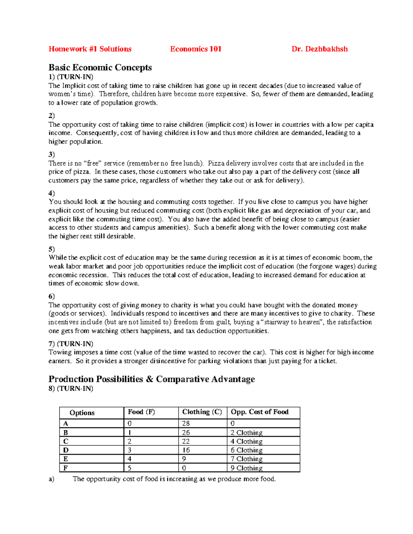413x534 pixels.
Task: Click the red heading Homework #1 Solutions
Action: click(x=90, y=49)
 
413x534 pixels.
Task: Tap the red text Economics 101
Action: click(x=195, y=49)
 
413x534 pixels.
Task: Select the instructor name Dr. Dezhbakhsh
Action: click(x=319, y=49)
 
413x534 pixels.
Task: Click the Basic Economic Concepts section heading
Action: click(x=100, y=67)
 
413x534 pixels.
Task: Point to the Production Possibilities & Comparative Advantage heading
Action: click(x=151, y=379)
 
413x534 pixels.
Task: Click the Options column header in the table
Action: click(x=82, y=413)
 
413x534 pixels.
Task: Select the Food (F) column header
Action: click(x=141, y=412)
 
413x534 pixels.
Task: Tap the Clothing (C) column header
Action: click(x=202, y=412)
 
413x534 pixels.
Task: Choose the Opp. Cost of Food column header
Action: click(x=260, y=412)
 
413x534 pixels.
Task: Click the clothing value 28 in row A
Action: click(x=186, y=424)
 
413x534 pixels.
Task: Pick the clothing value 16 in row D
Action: click(x=186, y=450)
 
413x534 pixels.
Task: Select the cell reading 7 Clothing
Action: click(x=246, y=459)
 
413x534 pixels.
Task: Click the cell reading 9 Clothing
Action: click(x=246, y=468)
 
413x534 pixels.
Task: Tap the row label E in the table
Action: click(x=66, y=459)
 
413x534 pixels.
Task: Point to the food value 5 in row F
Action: click(x=129, y=468)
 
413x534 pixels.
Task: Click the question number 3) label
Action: click(x=52, y=154)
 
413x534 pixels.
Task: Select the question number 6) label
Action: click(x=52, y=296)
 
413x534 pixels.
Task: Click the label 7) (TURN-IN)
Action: click(x=71, y=344)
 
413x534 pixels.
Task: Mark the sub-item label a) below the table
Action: click(x=51, y=479)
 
